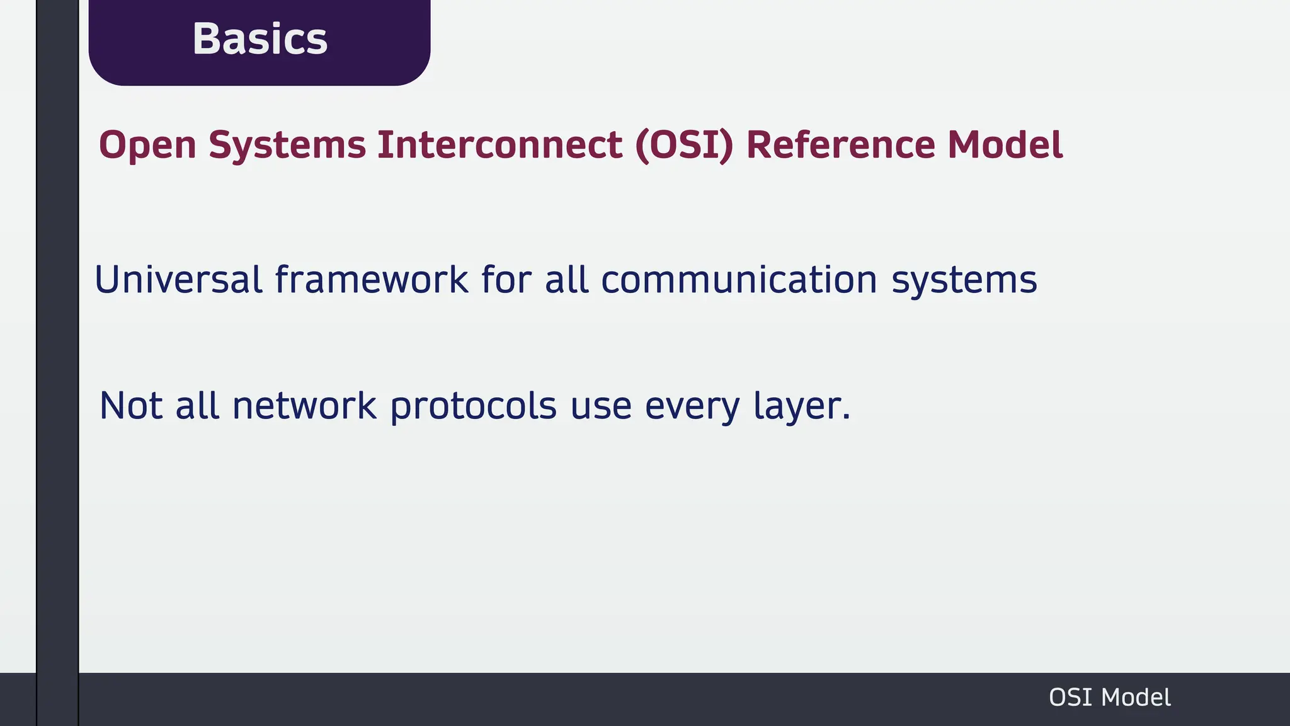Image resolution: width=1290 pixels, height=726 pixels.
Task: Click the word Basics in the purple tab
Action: pyautogui.click(x=260, y=39)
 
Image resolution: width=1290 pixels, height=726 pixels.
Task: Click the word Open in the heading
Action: pyautogui.click(x=147, y=146)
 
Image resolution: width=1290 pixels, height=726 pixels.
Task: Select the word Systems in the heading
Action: pyautogui.click(x=287, y=146)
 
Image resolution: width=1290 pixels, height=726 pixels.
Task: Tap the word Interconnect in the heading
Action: pyautogui.click(x=500, y=146)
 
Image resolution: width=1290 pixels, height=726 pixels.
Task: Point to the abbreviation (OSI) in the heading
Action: pyautogui.click(x=685, y=146)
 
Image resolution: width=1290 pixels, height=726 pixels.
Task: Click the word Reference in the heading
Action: pyautogui.click(x=840, y=146)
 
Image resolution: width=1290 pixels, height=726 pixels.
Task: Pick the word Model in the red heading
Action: pyautogui.click(x=1005, y=146)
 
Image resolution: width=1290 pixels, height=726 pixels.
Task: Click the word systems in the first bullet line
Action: pyautogui.click(x=964, y=280)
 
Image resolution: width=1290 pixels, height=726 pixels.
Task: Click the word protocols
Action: pyautogui.click(x=473, y=406)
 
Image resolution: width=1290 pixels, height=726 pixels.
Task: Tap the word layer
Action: pyautogui.click(x=801, y=406)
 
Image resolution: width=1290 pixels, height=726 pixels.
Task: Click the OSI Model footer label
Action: pyautogui.click(x=1109, y=698)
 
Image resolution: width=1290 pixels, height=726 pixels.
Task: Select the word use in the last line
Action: pyautogui.click(x=600, y=406)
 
